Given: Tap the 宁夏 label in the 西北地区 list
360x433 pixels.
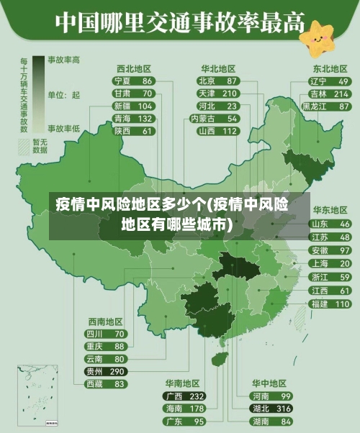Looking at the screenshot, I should tap(122, 81).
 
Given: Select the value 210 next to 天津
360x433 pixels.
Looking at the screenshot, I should tap(230, 94).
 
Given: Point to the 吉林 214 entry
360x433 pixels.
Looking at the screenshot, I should tap(330, 94).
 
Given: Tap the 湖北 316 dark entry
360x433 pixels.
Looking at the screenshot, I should tap(271, 409).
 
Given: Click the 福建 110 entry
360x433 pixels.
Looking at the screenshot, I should tap(330, 304).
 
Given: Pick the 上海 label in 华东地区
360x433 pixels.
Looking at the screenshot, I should tap(319, 263).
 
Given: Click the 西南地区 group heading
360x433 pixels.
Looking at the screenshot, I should tap(105, 322).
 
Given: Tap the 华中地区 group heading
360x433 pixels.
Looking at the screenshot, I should tap(269, 383).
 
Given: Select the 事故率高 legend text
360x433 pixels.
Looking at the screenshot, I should tap(64, 59).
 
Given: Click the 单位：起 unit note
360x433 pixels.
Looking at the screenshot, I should tap(64, 94).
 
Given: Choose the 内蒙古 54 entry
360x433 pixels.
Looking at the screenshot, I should tap(218, 118).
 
